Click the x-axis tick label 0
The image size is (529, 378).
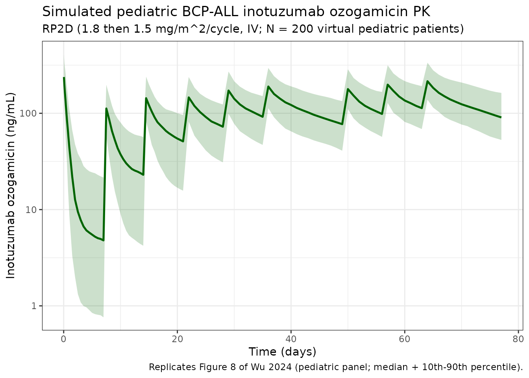coord(64,338)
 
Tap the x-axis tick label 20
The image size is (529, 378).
coord(177,338)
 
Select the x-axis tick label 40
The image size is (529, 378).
coord(291,338)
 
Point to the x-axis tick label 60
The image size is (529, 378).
coord(405,338)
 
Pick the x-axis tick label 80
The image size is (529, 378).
coord(518,338)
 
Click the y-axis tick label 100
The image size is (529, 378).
coord(31,113)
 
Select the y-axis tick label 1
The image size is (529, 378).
coord(35,306)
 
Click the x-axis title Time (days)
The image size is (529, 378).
coord(282,352)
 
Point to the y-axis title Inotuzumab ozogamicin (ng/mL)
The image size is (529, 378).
coord(11,185)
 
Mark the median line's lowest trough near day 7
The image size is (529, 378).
coord(104,240)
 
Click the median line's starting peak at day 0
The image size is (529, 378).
coord(64,78)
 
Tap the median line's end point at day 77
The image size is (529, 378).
coord(501,117)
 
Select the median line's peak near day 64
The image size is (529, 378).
coord(427,81)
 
